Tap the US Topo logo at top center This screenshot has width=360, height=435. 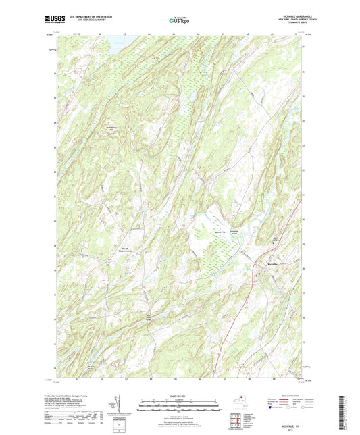click(x=180, y=21)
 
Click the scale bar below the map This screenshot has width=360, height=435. click(x=180, y=407)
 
